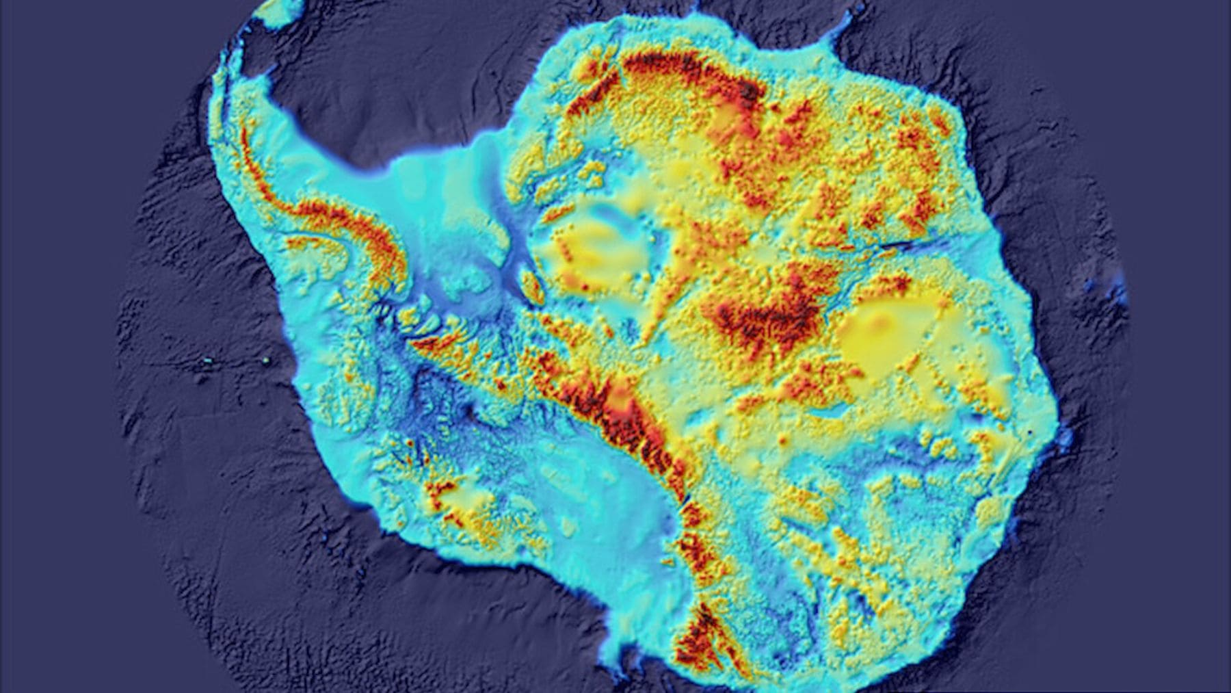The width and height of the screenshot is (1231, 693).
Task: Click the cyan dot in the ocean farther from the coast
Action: pyautogui.click(x=208, y=361)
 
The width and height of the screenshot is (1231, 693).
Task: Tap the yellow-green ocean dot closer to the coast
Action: pyautogui.click(x=266, y=361)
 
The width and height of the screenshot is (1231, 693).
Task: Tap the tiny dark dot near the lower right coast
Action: pyautogui.click(x=1031, y=432)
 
